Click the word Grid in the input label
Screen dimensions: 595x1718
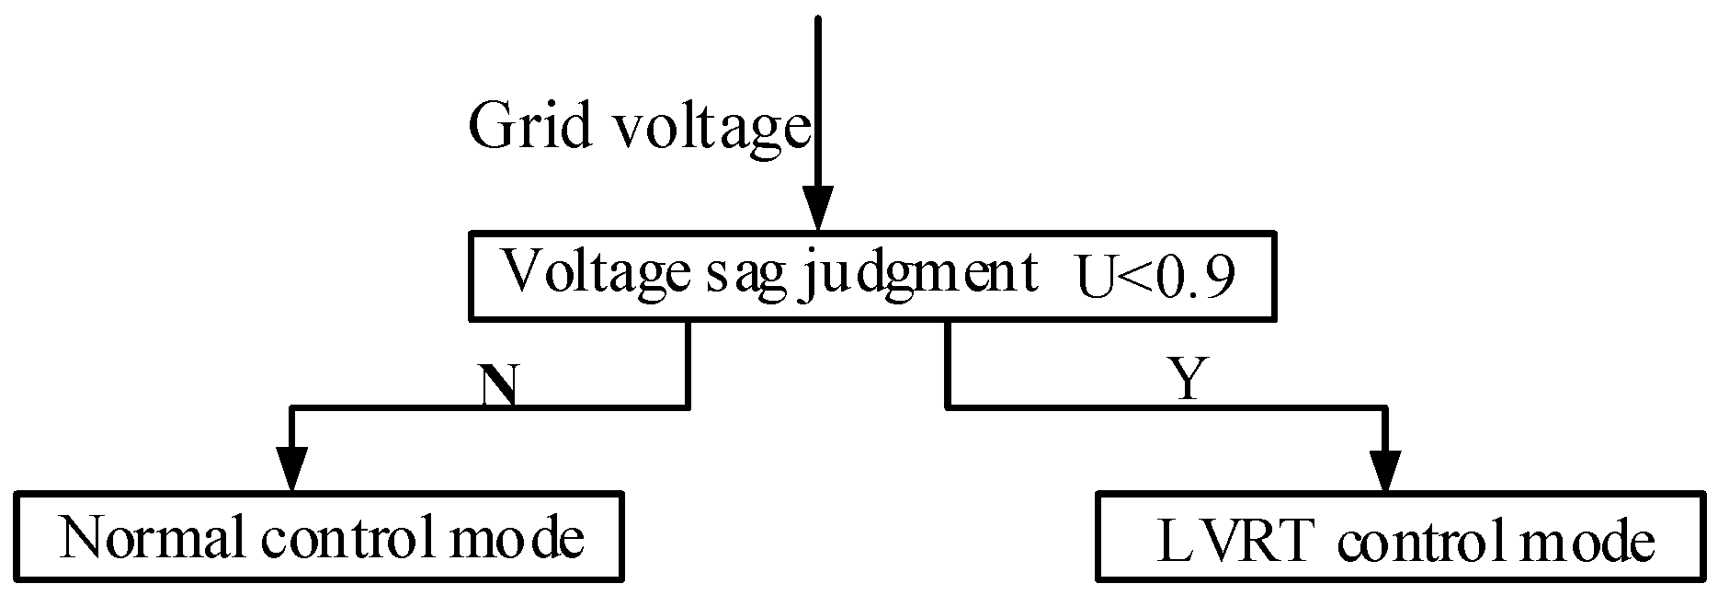[x=529, y=126]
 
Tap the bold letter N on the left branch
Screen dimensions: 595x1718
[x=497, y=385]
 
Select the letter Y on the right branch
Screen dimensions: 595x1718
[x=1187, y=379]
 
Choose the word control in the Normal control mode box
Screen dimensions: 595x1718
[x=345, y=539]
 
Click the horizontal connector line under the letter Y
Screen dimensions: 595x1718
[x=1186, y=406]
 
